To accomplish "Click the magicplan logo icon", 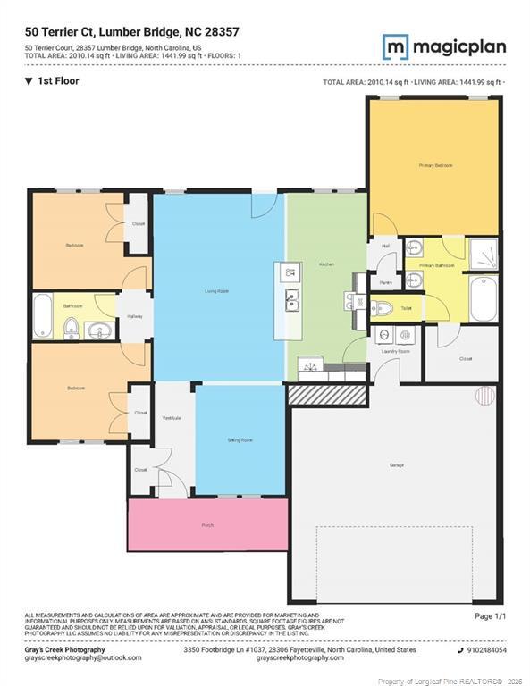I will tap(396, 46).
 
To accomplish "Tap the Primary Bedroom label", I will tap(433, 166).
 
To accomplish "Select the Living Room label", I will tap(217, 291).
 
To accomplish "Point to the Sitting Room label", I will tap(240, 440).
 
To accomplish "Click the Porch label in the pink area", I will tap(207, 525).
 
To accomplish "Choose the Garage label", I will tap(396, 465).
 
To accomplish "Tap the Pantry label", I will tap(385, 282).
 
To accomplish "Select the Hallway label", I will tap(135, 317).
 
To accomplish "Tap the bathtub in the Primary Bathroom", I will tap(483, 299).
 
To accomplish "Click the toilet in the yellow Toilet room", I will tap(382, 308).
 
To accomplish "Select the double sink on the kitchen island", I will tap(290, 302).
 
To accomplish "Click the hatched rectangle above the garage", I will tap(327, 394).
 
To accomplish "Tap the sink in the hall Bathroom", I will tap(72, 330).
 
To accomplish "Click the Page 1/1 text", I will tap(490, 616).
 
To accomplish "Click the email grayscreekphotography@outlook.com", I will tap(83, 657).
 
